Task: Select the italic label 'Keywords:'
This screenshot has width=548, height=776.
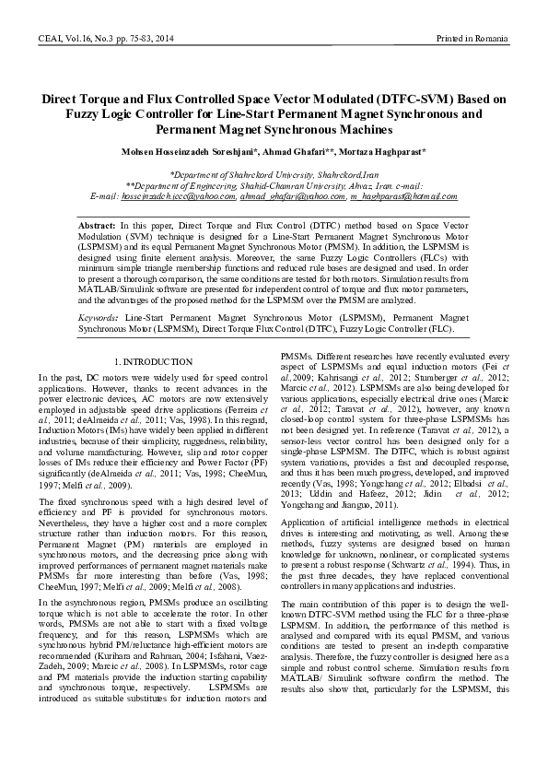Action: point(98,316)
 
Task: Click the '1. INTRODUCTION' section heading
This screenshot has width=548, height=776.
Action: point(153,362)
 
